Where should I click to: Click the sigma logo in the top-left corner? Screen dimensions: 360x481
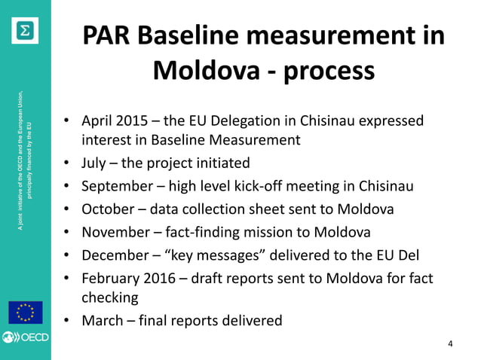(x=26, y=28)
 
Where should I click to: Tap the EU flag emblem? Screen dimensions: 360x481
(x=26, y=311)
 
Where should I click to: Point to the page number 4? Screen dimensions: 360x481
(x=450, y=345)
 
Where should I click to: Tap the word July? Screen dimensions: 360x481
(x=95, y=163)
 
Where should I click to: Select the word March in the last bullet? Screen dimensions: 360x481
(x=101, y=320)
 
